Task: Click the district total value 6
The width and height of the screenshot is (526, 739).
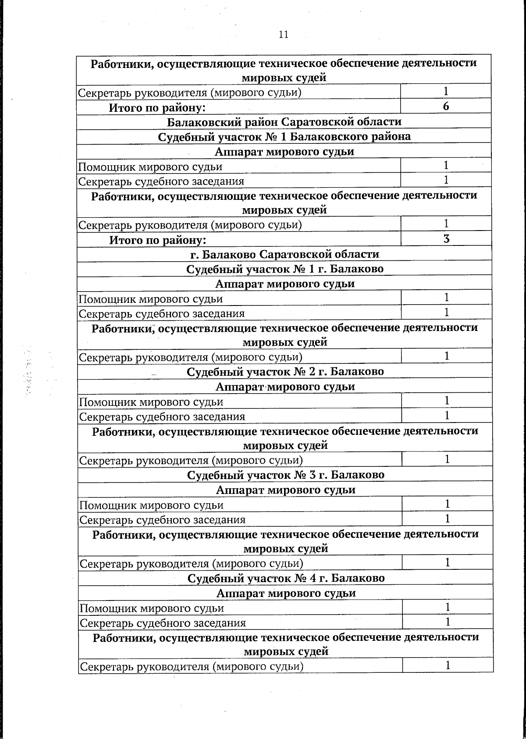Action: [x=446, y=107]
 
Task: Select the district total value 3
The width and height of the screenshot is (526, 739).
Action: [x=446, y=239]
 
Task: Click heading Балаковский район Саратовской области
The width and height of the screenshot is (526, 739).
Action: [x=284, y=121]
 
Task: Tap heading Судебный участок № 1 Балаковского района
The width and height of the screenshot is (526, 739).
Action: [x=284, y=136]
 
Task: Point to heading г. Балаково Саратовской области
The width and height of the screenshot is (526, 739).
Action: [x=284, y=254]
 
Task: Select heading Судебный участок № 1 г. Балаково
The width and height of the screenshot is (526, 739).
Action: [x=285, y=269]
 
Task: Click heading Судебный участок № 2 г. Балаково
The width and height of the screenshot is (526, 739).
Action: [x=285, y=372]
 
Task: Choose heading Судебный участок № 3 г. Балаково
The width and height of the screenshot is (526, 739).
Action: [x=286, y=475]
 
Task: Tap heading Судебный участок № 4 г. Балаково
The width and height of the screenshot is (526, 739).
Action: [x=286, y=578]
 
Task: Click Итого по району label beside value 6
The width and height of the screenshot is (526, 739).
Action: [x=157, y=107]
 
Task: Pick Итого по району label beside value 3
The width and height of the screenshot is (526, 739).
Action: [x=157, y=240]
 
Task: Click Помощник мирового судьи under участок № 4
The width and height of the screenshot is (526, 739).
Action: [x=152, y=608]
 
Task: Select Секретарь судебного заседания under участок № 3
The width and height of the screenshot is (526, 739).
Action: [x=163, y=520]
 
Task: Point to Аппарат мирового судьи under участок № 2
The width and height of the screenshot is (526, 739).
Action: [x=285, y=387]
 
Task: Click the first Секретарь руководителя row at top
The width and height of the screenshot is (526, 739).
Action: [x=189, y=92]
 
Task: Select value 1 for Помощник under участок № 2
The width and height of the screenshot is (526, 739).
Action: [x=447, y=401]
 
